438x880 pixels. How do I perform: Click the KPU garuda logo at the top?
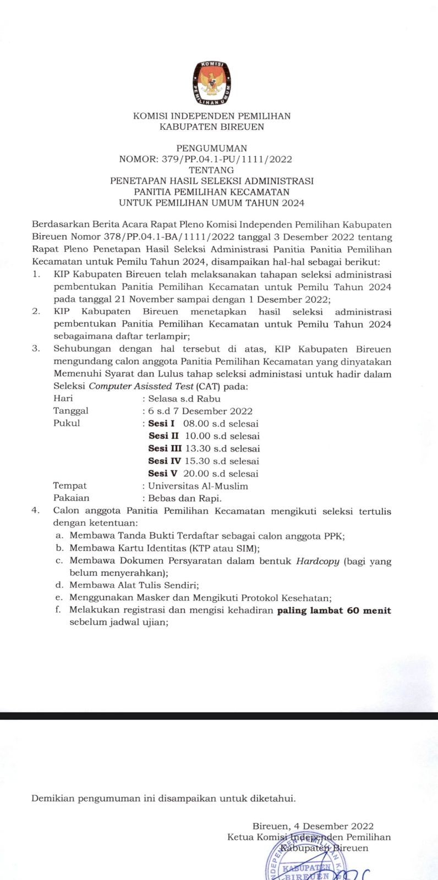[x=212, y=83]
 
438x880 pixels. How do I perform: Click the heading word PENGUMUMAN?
[x=212, y=148]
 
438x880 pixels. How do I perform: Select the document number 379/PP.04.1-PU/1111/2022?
[x=227, y=159]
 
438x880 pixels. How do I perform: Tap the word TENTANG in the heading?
[x=212, y=170]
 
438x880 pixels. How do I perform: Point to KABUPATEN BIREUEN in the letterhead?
[x=212, y=127]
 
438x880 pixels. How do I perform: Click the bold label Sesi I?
[x=162, y=424]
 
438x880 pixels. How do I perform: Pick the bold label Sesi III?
[x=165, y=449]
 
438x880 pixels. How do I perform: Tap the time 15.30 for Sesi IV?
[x=198, y=461]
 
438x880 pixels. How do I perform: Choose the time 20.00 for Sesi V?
[x=197, y=474]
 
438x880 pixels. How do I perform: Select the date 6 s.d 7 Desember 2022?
[x=200, y=411]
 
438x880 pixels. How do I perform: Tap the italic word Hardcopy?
[x=318, y=562]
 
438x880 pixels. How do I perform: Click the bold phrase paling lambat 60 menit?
[x=334, y=610]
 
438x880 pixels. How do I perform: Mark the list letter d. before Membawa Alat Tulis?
[x=59, y=586]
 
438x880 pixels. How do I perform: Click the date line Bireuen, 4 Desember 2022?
[x=313, y=826]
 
